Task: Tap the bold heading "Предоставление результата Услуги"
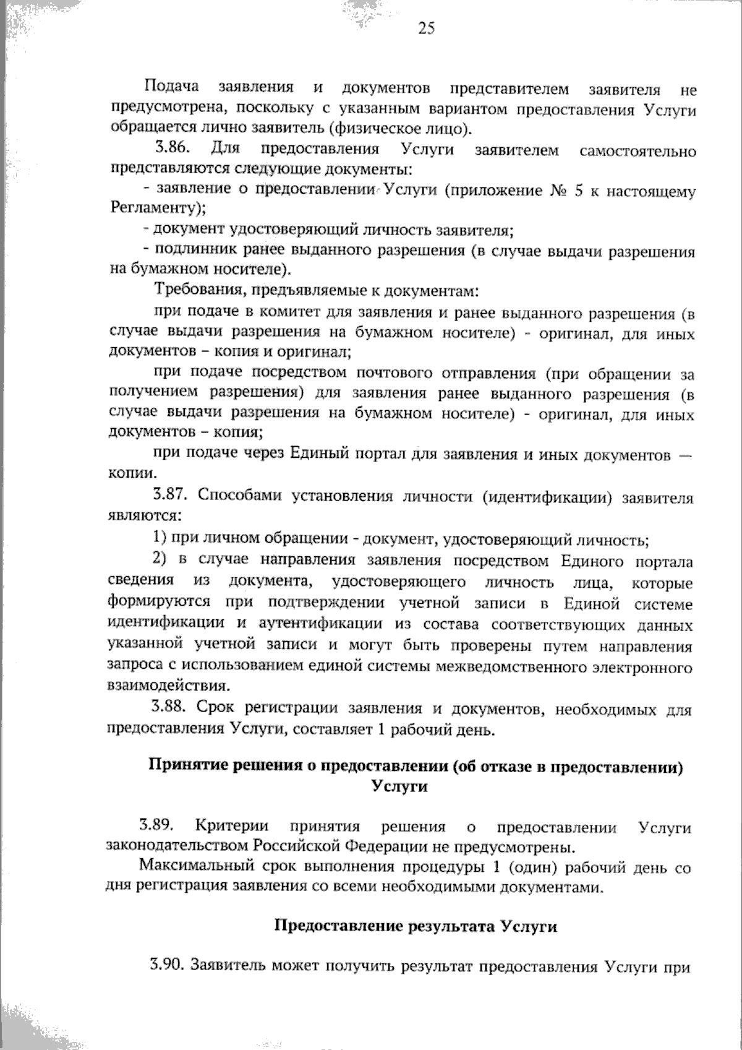pyautogui.click(x=415, y=926)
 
